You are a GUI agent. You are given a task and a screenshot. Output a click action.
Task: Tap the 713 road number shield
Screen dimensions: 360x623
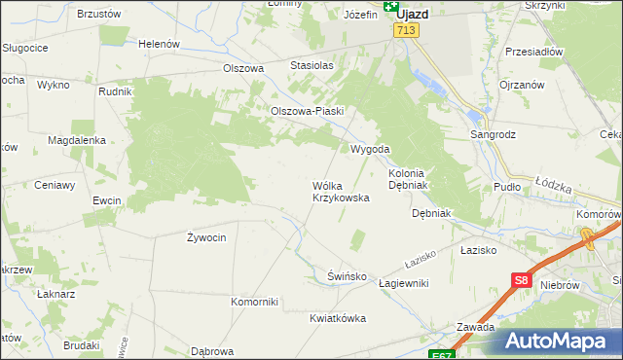click(406, 32)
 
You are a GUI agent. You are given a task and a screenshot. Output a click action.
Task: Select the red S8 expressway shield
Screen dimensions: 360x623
click(521, 281)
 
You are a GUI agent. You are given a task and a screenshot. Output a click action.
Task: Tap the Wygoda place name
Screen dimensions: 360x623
click(370, 149)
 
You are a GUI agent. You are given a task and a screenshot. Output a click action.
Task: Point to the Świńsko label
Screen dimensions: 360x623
click(347, 276)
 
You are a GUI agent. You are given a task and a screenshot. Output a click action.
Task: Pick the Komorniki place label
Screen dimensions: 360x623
click(255, 302)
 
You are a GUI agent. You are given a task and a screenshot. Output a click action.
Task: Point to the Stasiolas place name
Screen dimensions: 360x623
click(311, 65)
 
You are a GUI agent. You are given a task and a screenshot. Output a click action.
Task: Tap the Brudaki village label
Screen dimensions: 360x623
click(82, 345)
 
